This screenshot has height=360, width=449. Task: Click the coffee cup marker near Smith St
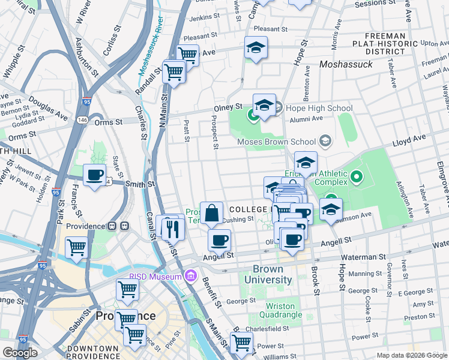pos(94,175)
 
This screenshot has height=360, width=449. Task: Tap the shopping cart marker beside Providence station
pos(77,247)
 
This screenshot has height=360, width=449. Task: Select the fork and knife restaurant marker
pos(171,228)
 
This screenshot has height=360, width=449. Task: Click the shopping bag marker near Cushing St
pos(212,213)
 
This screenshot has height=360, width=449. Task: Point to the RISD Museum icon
pos(191,276)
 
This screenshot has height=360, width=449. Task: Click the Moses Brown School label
pos(276,142)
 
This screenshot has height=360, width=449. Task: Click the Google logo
pos(20,353)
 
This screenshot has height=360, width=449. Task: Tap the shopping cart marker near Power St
pos(241,343)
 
